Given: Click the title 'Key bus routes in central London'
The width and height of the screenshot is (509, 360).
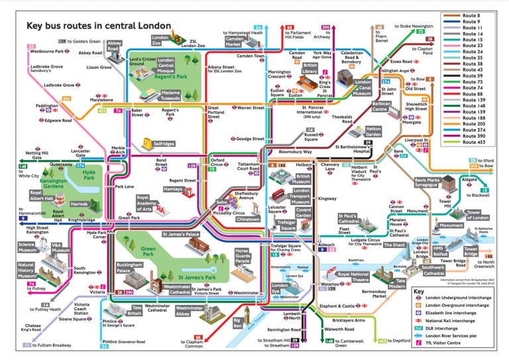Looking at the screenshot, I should point(98,27).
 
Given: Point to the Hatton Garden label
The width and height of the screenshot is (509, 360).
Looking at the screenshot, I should point(374,133).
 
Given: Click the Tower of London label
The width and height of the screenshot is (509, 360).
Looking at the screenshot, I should point(482,214).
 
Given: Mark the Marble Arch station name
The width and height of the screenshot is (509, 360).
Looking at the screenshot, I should point(118,150).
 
